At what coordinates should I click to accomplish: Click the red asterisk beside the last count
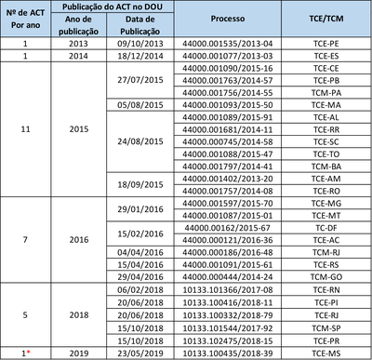click(32, 353)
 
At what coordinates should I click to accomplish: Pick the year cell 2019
click(79, 353)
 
